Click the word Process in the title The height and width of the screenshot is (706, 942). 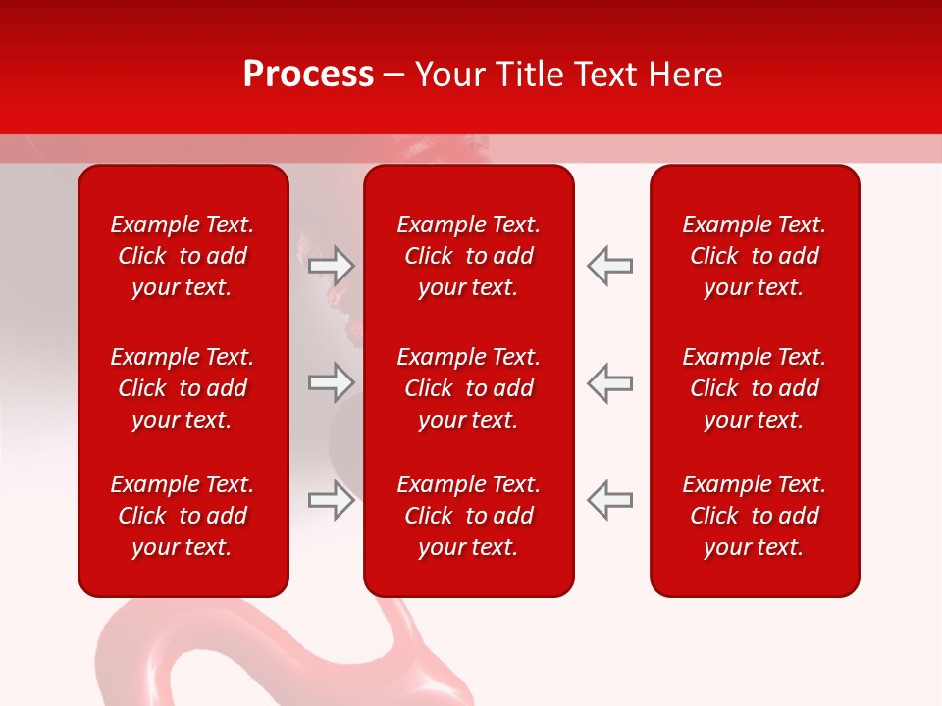coord(308,75)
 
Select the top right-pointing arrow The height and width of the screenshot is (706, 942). coord(332,266)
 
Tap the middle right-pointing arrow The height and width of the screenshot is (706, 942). coord(332,382)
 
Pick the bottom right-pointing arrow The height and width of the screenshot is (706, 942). coord(332,500)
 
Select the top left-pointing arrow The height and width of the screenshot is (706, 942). coord(609,266)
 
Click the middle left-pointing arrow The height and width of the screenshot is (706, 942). coord(609,382)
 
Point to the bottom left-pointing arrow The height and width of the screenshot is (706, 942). coord(609,500)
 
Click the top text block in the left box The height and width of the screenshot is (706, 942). coord(183,256)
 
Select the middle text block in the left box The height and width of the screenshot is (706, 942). coord(183,388)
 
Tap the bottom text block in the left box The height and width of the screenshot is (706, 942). coord(183,516)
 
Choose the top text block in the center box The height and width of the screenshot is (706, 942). coord(468,256)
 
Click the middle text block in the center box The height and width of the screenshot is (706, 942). coord(468,388)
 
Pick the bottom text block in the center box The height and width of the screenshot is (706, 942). coord(468,516)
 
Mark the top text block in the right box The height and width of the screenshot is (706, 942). coord(754,256)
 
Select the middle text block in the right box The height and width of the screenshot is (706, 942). coord(754,388)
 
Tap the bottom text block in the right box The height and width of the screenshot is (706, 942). coord(754,516)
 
